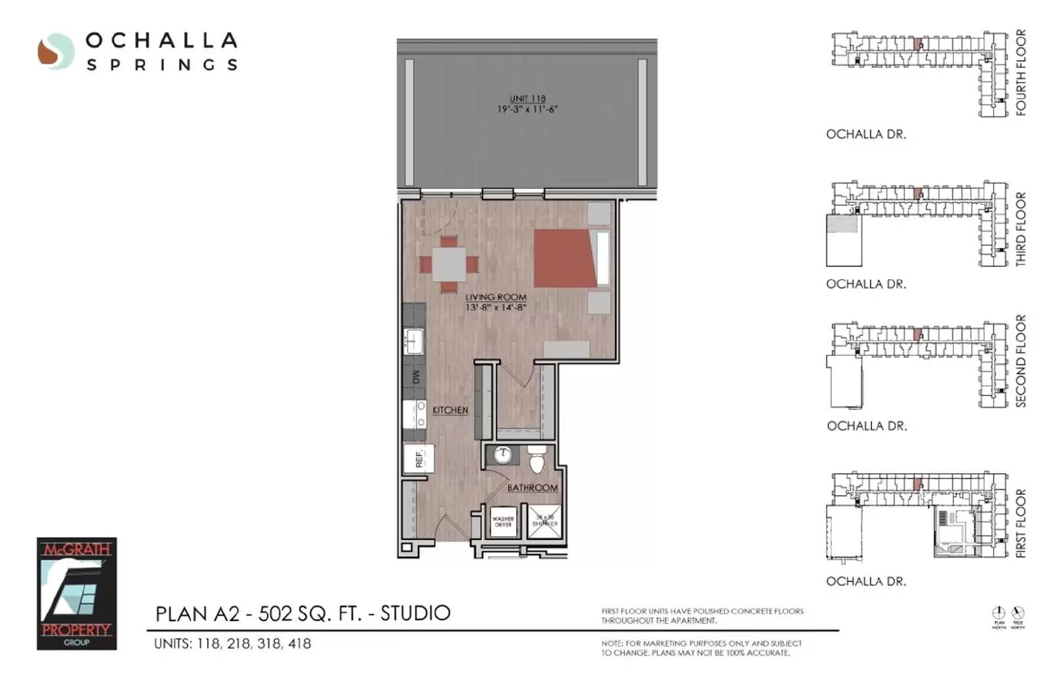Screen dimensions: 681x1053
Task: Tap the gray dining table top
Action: (449, 264)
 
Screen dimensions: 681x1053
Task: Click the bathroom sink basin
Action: (503, 455)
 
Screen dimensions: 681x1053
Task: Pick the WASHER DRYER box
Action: (503, 522)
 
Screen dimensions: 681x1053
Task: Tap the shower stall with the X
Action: (545, 522)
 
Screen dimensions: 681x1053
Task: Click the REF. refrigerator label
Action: (419, 458)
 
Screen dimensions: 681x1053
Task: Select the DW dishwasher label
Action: (415, 377)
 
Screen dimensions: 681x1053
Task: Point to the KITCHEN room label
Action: (450, 410)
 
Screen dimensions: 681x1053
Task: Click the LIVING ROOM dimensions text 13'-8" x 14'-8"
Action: (496, 307)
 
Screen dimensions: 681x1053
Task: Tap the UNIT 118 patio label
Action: (527, 99)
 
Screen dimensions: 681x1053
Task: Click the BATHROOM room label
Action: (532, 488)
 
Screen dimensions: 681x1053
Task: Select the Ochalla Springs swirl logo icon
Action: (55, 51)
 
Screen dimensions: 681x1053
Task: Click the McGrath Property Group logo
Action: (76, 593)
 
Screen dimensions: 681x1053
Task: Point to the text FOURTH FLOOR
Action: (1021, 72)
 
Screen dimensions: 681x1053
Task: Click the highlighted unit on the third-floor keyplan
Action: (917, 193)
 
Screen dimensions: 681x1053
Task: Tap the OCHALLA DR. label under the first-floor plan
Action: (866, 582)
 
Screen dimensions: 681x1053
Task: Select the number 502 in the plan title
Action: (272, 613)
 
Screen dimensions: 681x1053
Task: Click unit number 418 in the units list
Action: (299, 643)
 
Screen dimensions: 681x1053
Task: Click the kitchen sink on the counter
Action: (413, 341)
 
